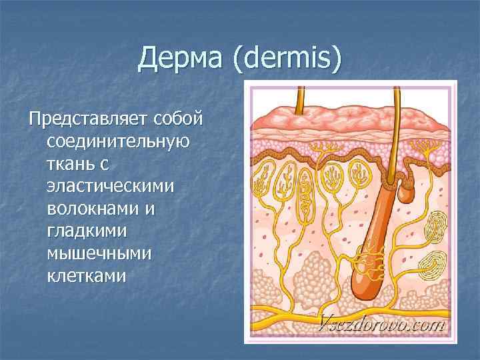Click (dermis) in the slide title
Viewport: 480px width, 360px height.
point(287,61)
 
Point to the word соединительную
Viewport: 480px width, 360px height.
point(117,142)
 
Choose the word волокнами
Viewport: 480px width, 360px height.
point(93,209)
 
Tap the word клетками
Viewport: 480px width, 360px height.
point(86,275)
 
